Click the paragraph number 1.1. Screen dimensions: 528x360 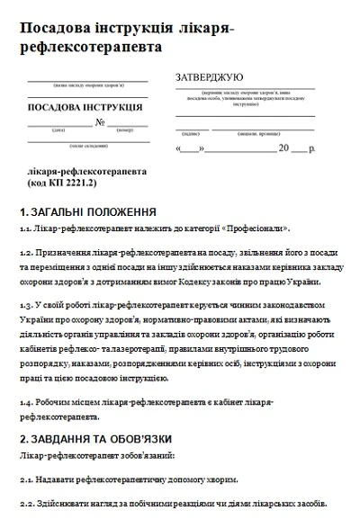coord(26,229)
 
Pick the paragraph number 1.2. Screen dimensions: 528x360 coord(26,254)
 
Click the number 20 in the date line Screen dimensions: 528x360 coord(284,147)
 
